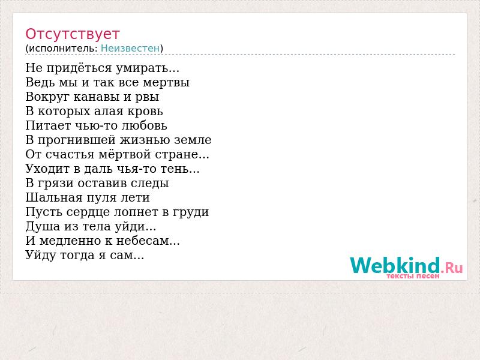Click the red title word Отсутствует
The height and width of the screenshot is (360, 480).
72,34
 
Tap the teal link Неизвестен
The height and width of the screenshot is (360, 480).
130,49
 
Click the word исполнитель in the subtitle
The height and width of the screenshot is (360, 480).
63,49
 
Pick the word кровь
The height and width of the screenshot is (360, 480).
145,111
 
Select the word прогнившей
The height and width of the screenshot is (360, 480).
77,140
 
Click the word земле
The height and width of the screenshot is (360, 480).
193,140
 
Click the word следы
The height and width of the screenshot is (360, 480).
150,184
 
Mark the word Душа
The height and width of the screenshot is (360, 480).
43,227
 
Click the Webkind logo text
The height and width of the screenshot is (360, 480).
395,265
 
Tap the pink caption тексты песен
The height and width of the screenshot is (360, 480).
413,276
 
